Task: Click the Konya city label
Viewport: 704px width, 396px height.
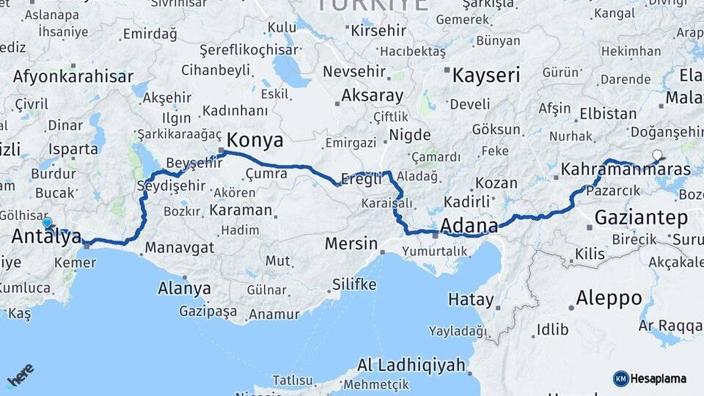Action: pos(255,140)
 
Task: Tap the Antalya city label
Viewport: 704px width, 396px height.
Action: pos(45,237)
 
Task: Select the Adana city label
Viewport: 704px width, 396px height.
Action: pos(469,225)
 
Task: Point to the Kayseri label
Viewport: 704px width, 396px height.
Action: pos(485,75)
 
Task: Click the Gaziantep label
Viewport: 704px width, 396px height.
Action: pos(641,217)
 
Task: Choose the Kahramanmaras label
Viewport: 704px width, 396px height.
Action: pos(626,169)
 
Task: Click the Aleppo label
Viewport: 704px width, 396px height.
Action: pos(609,298)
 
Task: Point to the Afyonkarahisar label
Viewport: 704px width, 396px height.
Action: pos(73,76)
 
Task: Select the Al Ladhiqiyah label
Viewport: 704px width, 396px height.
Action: pos(411,364)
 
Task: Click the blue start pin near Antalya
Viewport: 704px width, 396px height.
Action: pos(48,222)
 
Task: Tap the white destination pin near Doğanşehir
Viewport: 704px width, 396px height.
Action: pos(658,155)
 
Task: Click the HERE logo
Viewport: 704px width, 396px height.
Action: pos(21,375)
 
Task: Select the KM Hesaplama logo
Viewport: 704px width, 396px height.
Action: pos(650,378)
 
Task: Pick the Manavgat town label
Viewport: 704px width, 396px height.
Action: pos(179,247)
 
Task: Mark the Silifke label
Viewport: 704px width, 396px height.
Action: pos(354,284)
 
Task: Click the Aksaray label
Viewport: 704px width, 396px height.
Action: pos(372,95)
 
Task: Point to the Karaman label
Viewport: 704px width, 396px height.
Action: pos(240,210)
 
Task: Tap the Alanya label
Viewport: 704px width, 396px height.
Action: pos(184,288)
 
